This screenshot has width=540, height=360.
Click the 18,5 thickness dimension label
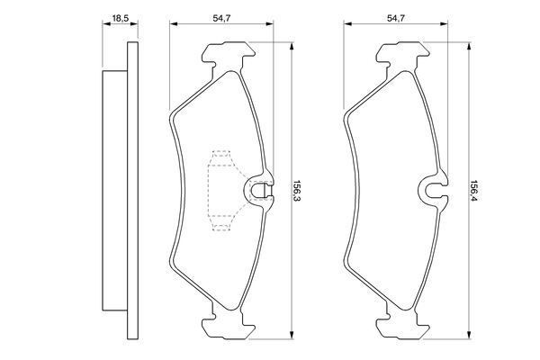[117, 16]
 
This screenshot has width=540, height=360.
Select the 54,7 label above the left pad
[220, 16]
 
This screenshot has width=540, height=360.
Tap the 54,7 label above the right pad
[396, 16]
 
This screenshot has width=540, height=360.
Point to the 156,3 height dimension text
[298, 191]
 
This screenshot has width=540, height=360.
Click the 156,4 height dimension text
[474, 191]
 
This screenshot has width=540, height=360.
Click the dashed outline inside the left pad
[220, 189]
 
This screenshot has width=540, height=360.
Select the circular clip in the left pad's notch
[257, 189]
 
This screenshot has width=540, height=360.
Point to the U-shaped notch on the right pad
[434, 189]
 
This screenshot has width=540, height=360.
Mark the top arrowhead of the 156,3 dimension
[292, 51]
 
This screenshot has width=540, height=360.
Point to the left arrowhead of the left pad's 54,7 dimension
[173, 25]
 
